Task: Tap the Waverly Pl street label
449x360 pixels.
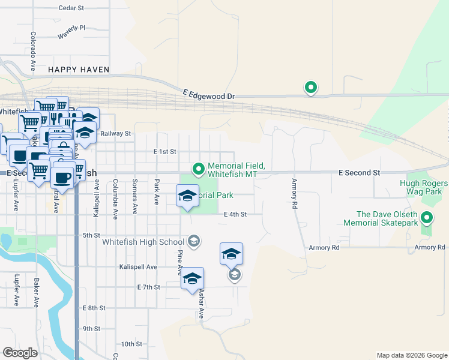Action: (72, 32)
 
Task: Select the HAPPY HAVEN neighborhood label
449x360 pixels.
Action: (79, 70)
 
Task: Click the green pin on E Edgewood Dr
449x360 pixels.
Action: (311, 88)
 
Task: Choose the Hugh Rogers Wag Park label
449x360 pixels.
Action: (424, 187)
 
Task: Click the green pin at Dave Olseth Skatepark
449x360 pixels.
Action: (427, 218)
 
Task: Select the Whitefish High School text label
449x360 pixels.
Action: (143, 242)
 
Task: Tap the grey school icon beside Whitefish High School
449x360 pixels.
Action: (194, 241)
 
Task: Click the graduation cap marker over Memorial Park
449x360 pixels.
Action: (187, 196)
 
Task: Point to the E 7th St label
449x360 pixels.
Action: (148, 287)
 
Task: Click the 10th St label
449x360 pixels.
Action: (131, 344)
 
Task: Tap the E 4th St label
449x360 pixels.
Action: (235, 214)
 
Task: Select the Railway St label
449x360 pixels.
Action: (116, 133)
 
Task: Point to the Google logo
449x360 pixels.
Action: (20, 352)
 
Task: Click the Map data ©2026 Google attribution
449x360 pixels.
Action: (411, 355)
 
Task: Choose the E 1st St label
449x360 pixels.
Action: (164, 152)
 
